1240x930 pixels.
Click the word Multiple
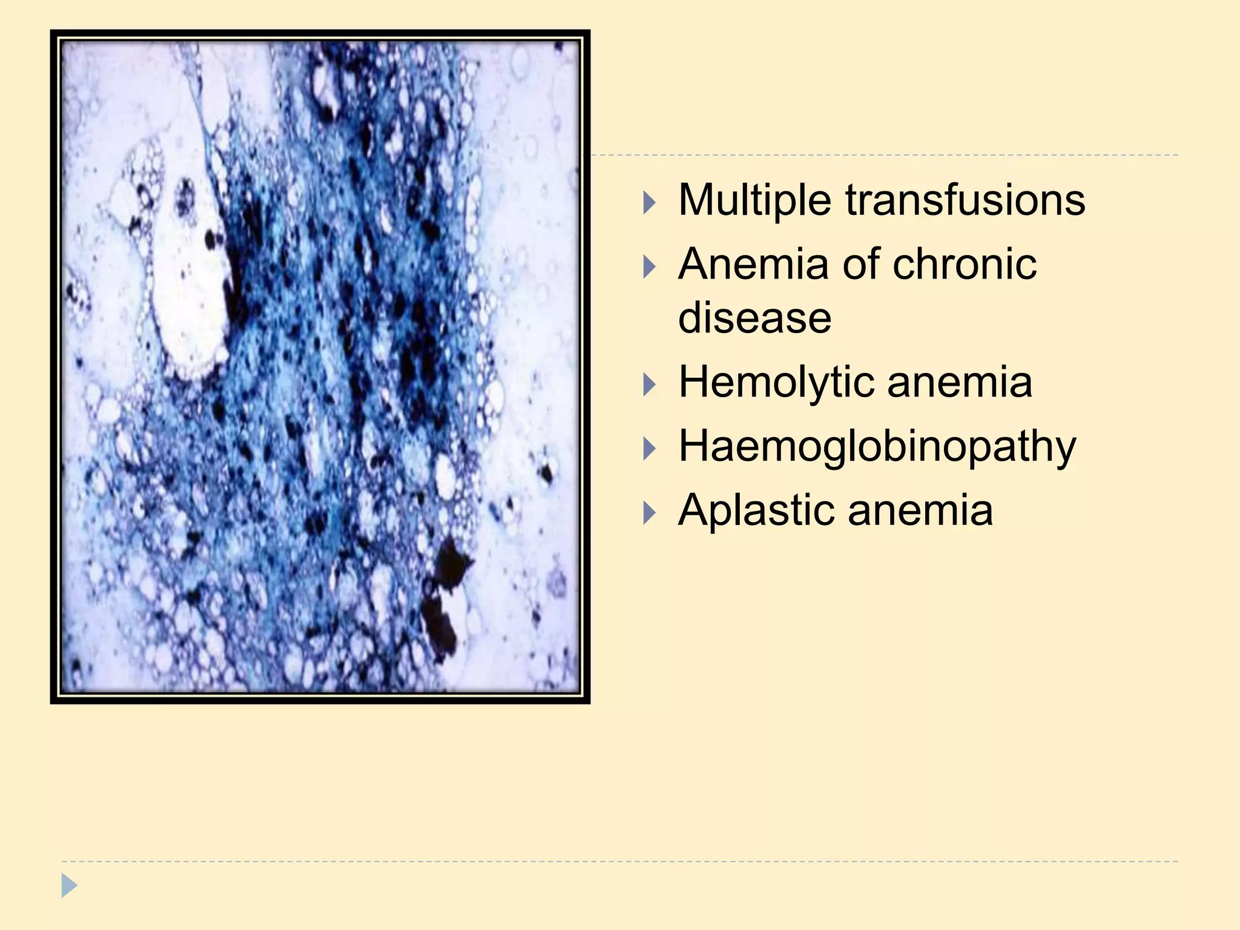754,200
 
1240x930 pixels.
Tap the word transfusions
965,200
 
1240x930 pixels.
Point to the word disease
754,318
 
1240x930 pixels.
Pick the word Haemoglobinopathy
877,447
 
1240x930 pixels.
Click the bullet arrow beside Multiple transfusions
649,202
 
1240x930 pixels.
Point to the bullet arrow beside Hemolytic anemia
649,384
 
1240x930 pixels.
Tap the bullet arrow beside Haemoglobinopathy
649,449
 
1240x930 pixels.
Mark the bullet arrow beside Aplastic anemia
649,512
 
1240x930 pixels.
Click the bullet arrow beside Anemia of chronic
649,266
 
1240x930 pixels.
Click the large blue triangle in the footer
69,885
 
